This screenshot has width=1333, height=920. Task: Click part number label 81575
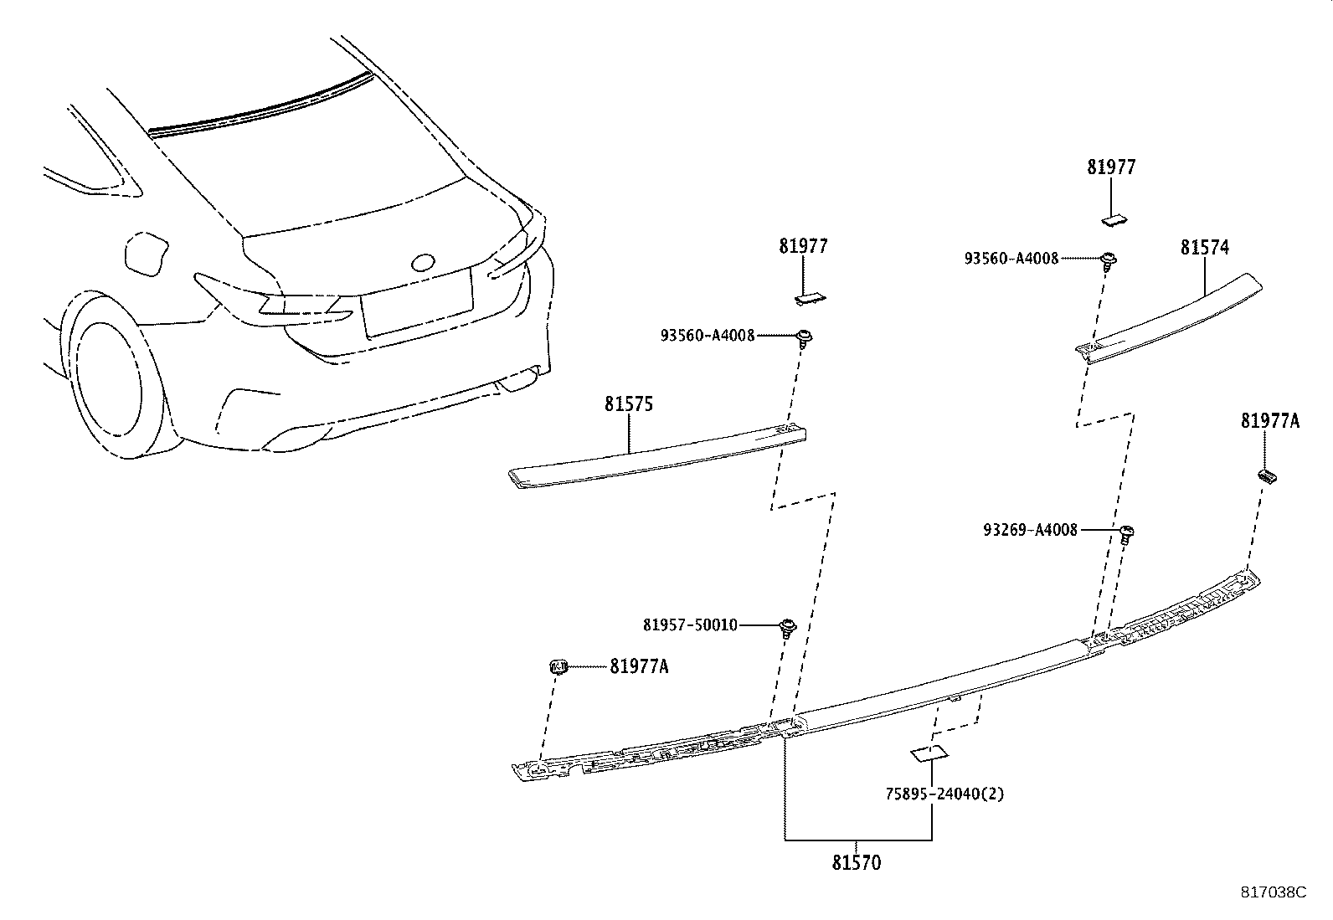(629, 404)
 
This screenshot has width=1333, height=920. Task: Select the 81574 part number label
(1204, 248)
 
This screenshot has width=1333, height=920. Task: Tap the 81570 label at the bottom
(857, 862)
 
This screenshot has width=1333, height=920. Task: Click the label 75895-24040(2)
(944, 793)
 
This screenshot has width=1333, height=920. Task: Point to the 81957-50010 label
(691, 625)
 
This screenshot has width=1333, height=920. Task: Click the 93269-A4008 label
(1031, 530)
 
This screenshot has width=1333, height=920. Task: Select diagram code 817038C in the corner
(1273, 892)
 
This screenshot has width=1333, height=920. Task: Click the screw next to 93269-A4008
(1127, 532)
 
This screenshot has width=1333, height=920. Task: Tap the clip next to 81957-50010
(788, 627)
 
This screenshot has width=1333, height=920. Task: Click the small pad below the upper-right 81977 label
(1114, 220)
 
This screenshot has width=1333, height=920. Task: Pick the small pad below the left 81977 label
(810, 296)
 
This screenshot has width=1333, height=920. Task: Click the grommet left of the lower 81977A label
(558, 666)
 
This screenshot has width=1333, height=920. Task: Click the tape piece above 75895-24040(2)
(929, 753)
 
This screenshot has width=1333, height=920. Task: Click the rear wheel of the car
(109, 377)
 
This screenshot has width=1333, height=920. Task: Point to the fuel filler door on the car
(148, 254)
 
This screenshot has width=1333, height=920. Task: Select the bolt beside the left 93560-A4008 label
(805, 337)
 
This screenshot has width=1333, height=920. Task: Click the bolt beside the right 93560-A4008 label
(1108, 260)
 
